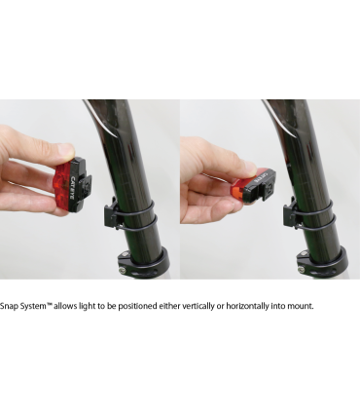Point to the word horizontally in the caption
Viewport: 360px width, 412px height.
247,306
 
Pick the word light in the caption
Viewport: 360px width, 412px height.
86,306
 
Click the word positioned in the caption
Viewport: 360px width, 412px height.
137,306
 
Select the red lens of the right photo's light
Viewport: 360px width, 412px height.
240,192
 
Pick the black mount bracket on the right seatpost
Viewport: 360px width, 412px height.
289,212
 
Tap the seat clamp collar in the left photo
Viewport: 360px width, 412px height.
144,263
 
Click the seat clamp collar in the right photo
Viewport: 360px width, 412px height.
323,264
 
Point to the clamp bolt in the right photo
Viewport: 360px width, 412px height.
302,269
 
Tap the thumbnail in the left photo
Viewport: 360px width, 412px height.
66,151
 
